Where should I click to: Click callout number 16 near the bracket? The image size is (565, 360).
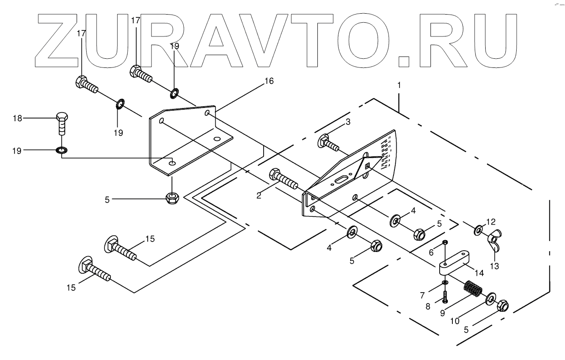click(269, 81)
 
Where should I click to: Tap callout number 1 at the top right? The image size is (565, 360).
click(399, 85)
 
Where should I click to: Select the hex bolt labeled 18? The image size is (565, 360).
click(62, 123)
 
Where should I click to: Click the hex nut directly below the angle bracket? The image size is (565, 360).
click(172, 198)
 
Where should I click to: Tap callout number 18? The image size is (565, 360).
click(17, 119)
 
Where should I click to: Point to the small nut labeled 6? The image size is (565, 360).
click(446, 242)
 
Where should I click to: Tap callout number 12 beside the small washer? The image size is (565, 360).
click(490, 222)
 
